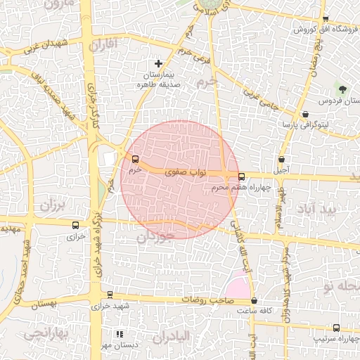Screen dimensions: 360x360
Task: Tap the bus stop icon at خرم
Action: (x=135, y=159)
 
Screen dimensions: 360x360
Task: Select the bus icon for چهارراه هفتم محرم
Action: (x=242, y=176)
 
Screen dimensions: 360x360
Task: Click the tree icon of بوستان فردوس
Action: (x=342, y=89)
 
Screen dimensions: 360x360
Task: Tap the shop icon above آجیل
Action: (x=281, y=160)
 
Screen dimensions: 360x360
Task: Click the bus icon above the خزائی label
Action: (x=75, y=226)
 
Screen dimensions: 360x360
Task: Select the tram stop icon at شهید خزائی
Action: (x=110, y=295)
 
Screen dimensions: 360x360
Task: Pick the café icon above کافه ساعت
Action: (x=254, y=300)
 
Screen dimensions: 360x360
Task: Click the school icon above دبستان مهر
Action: (x=120, y=334)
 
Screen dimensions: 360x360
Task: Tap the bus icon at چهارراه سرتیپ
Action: (x=336, y=327)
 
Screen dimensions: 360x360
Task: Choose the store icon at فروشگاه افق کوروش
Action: (x=325, y=19)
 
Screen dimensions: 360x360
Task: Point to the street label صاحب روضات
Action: (x=204, y=300)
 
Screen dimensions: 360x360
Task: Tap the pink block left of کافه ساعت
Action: (x=238, y=288)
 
